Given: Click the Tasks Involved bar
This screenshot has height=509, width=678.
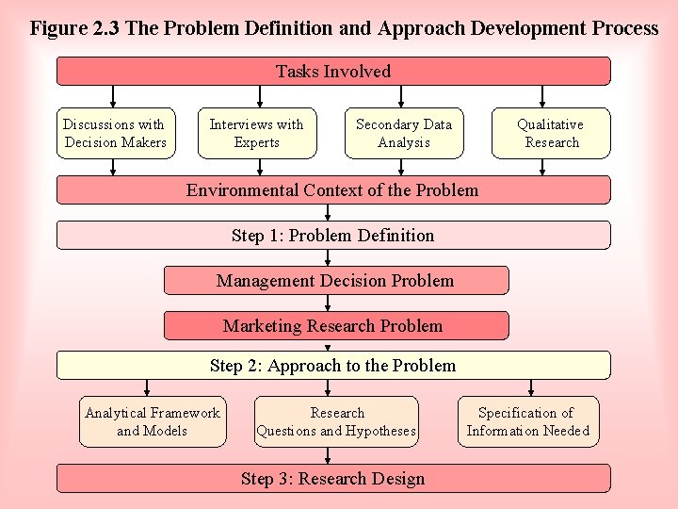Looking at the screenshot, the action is click(x=333, y=72).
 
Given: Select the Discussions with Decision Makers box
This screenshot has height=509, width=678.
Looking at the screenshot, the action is click(x=114, y=133).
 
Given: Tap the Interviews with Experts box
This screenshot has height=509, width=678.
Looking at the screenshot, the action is click(x=256, y=133).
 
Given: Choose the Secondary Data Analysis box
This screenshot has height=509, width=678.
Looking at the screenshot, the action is click(x=403, y=133).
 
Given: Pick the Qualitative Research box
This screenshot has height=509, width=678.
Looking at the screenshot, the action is click(x=551, y=133).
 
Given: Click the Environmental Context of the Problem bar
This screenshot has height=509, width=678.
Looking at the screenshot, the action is click(x=333, y=190).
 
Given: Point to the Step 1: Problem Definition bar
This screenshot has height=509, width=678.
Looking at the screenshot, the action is click(x=333, y=236).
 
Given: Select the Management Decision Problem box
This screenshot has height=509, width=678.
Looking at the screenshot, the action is click(x=336, y=281).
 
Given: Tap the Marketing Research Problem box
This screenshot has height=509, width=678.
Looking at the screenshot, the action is click(x=336, y=326).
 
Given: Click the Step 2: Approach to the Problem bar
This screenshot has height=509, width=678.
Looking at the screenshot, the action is click(x=333, y=366).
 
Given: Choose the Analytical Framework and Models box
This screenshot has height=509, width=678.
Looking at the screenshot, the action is click(x=153, y=421).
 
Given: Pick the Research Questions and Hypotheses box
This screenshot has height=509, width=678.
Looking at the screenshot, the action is click(x=336, y=421).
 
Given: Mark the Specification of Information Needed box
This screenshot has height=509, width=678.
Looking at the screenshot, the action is click(x=527, y=421).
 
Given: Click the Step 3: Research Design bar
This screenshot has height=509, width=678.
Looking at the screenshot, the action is click(x=333, y=479).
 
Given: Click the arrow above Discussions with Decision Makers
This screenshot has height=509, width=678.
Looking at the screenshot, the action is click(x=114, y=96).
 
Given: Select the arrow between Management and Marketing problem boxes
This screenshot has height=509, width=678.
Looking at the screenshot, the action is click(x=328, y=304).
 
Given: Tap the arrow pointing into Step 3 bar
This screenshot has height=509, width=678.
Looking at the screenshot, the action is click(x=328, y=455).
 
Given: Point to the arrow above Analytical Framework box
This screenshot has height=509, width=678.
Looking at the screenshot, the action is click(x=146, y=386).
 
